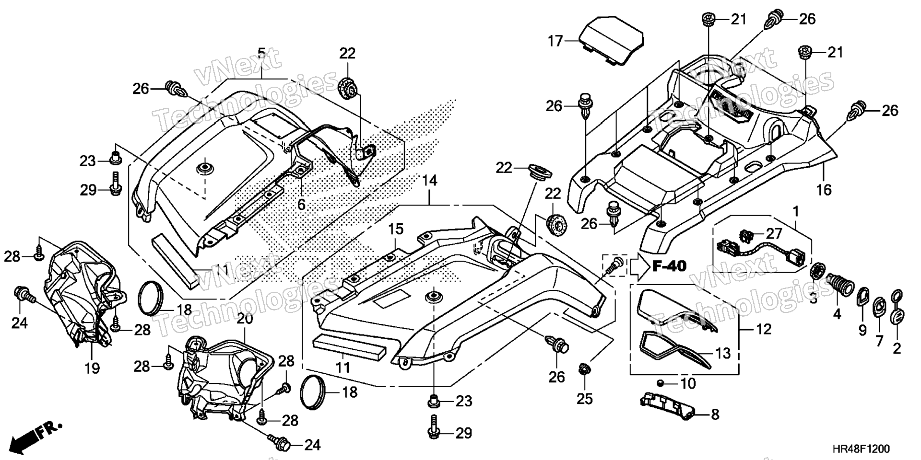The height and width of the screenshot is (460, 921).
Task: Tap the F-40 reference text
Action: pyautogui.click(x=669, y=265)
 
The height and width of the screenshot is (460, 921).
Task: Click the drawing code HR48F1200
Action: pyautogui.click(x=861, y=449)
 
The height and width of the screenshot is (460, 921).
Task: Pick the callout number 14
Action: pyautogui.click(x=430, y=181)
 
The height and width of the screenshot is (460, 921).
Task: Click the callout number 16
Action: pyautogui.click(x=824, y=190)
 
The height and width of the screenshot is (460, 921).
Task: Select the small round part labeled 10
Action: pyautogui.click(x=661, y=383)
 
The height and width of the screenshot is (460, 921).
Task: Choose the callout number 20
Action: pyautogui.click(x=245, y=319)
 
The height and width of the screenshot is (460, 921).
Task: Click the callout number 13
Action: pyautogui.click(x=722, y=354)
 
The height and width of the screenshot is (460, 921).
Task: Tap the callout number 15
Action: pyautogui.click(x=396, y=230)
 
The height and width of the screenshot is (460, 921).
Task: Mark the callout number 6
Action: pyautogui.click(x=301, y=205)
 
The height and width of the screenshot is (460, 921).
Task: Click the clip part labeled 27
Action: pyautogui.click(x=747, y=235)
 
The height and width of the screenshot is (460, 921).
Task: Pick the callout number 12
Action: pyautogui.click(x=764, y=329)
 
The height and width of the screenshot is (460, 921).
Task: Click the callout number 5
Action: pyautogui.click(x=261, y=52)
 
